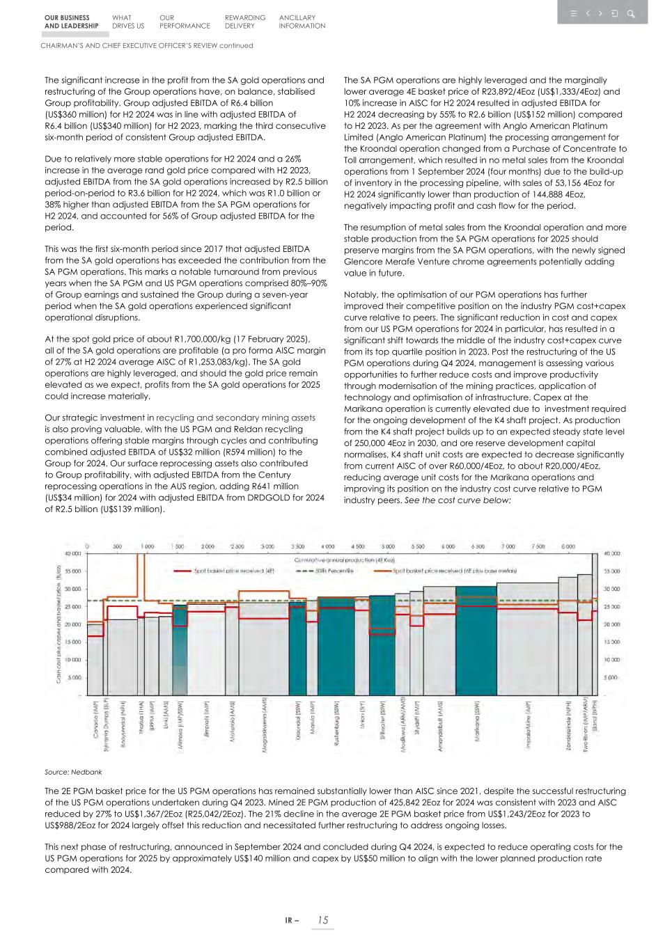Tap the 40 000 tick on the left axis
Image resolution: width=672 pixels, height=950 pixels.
[x=73, y=553]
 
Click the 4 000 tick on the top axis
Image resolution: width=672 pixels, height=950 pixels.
[x=328, y=547]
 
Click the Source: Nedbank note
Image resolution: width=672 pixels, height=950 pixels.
[x=73, y=772]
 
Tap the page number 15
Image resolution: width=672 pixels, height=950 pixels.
[x=322, y=920]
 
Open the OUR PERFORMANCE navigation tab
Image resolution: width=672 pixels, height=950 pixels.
[x=184, y=22]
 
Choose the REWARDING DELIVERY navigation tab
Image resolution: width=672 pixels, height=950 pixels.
[x=244, y=22]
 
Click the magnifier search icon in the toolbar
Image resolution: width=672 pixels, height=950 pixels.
[x=631, y=13]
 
